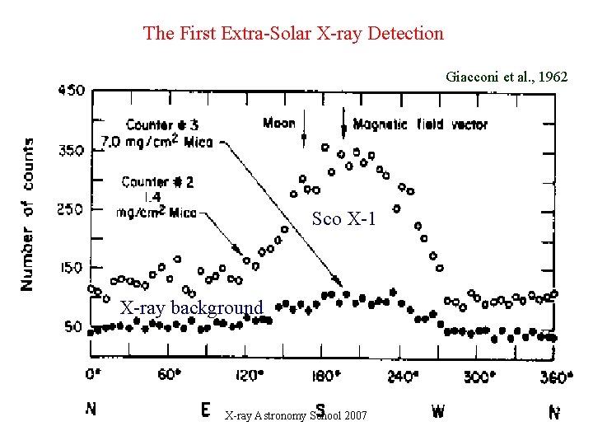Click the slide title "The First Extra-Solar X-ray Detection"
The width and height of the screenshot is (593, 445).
click(293, 34)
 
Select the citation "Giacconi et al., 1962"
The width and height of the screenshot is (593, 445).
click(507, 77)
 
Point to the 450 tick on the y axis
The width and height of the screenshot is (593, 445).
click(71, 90)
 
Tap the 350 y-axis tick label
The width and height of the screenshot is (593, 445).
click(71, 150)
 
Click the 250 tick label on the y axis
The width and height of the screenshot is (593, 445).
click(71, 208)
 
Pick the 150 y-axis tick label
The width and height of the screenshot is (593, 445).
click(71, 268)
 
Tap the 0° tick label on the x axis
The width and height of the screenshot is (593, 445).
click(95, 376)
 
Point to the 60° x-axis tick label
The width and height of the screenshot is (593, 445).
click(169, 375)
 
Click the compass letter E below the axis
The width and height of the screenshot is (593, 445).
click(204, 410)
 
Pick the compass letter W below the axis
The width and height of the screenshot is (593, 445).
click(438, 410)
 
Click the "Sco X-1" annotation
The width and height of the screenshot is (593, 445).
click(343, 219)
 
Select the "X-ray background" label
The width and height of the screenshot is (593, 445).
click(191, 308)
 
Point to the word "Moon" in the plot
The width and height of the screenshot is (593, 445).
click(279, 124)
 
